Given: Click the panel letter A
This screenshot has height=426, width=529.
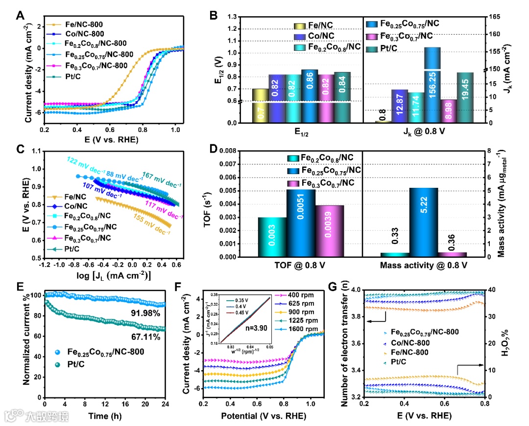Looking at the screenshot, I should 20,15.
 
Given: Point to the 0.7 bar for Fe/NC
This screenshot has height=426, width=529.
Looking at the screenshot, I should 260,111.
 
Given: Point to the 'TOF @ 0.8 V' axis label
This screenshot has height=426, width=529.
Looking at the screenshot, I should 299,266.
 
